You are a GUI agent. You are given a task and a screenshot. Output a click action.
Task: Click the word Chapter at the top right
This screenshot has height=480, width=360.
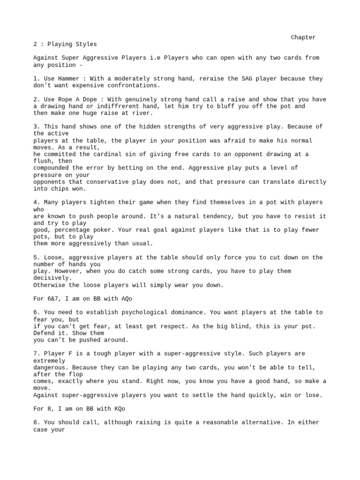coord(303,37)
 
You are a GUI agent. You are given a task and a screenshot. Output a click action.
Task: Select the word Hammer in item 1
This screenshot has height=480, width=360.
coord(71,79)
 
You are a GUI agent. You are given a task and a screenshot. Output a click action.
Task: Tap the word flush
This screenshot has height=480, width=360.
coord(44,161)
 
